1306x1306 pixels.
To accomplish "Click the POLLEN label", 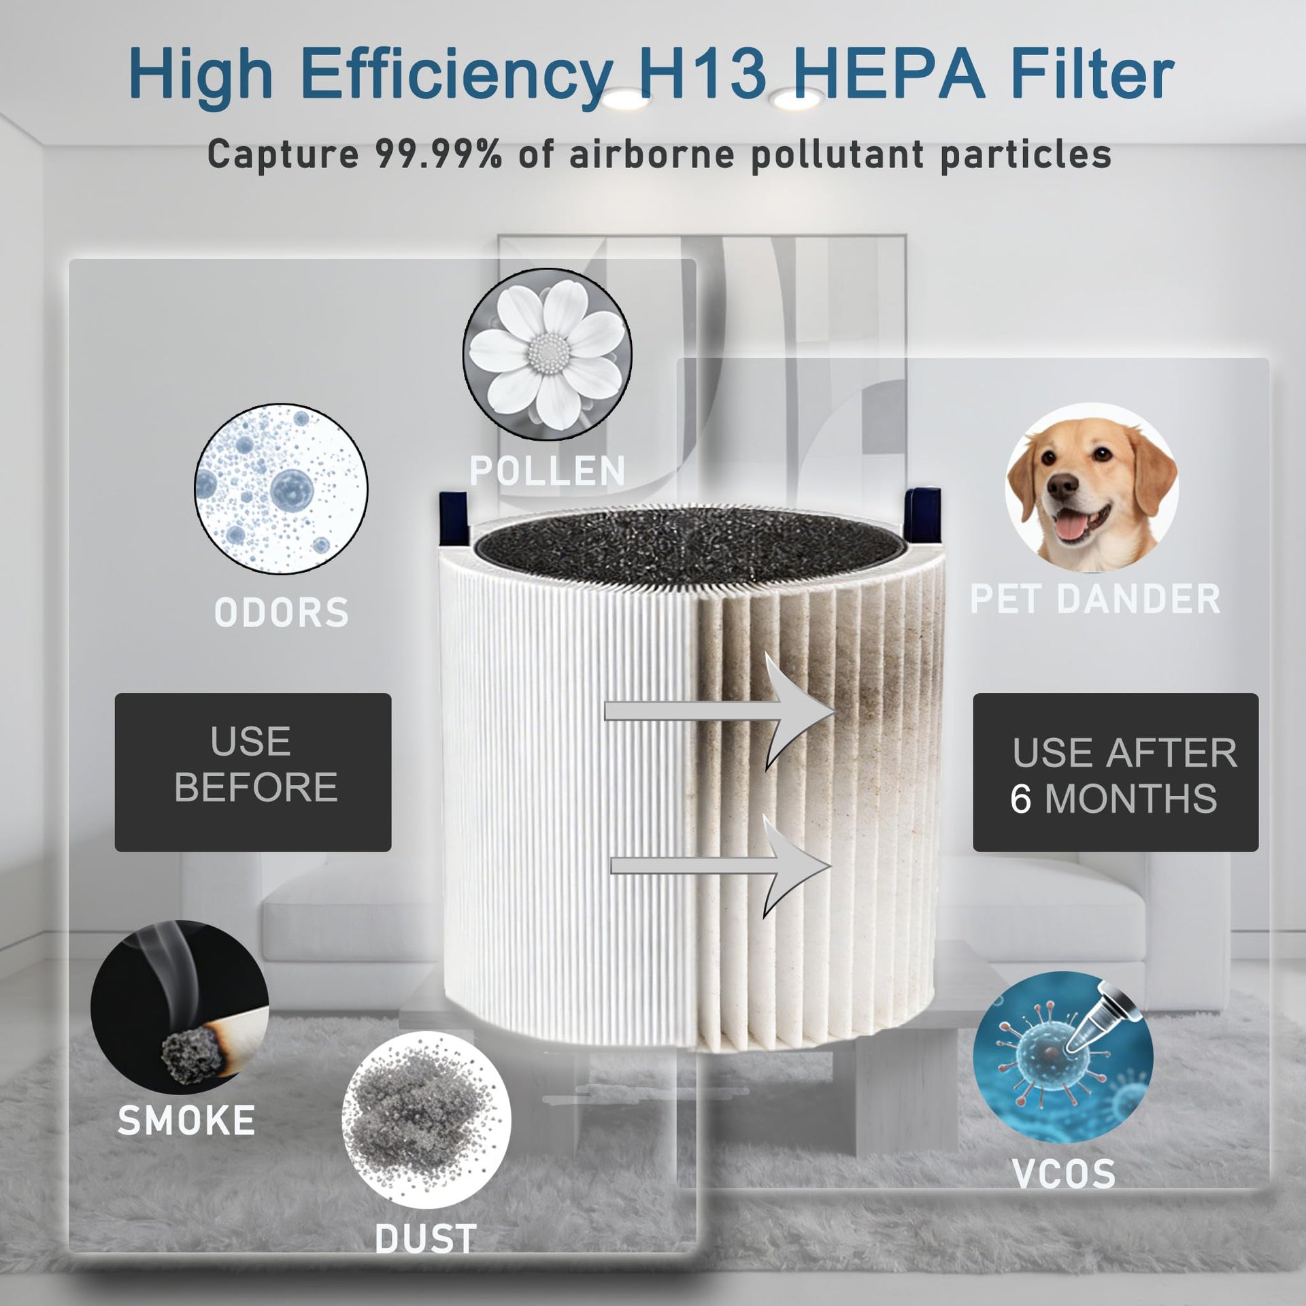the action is tap(548, 471).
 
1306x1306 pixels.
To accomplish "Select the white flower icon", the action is tap(548, 354).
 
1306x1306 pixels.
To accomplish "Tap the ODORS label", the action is tap(282, 612).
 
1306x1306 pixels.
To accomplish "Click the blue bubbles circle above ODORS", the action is tap(282, 488).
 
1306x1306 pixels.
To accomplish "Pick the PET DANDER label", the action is tap(1095, 599).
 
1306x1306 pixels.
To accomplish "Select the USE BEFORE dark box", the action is tap(253, 772).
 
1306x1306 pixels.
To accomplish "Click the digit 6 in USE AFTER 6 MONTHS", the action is tap(1020, 799).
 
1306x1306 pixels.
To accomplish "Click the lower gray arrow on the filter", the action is tap(721, 865).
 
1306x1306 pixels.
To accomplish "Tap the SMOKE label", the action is tap(186, 1120).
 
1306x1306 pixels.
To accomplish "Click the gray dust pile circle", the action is tap(426, 1120).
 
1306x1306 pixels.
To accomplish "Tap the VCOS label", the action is tap(1064, 1173).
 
